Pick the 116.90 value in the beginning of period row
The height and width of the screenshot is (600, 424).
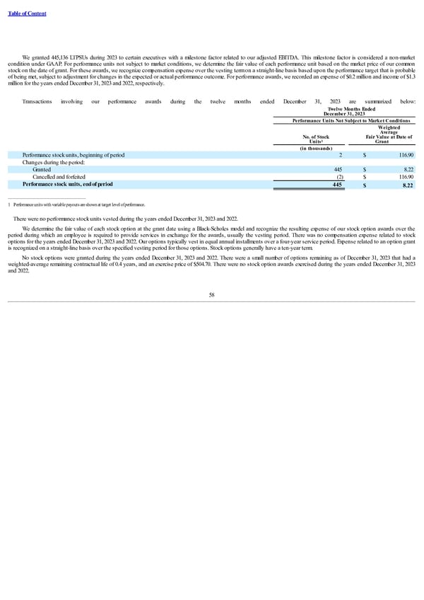click(x=406, y=154)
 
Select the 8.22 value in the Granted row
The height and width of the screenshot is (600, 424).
click(x=408, y=169)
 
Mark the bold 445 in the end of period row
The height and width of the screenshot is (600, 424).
click(x=337, y=185)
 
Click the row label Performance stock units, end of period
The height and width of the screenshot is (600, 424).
click(x=67, y=185)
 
